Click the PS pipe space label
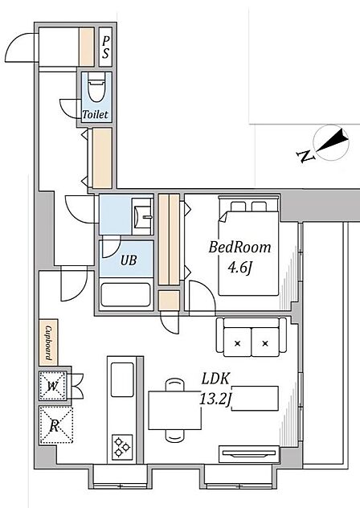[x=105, y=47]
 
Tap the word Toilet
[x=96, y=114]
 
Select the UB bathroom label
[x=129, y=260]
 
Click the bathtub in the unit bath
[x=125, y=294]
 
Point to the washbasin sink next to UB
[x=142, y=216]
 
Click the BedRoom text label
[x=239, y=248]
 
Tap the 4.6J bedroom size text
[x=239, y=268]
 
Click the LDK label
[x=216, y=379]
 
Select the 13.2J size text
[x=215, y=399]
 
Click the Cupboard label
[x=48, y=342]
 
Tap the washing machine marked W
[x=52, y=385]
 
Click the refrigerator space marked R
[x=55, y=424]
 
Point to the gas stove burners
[x=122, y=447]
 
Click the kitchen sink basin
[x=122, y=379]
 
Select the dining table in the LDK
[x=175, y=410]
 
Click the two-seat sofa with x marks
[x=252, y=338]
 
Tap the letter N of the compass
[x=305, y=156]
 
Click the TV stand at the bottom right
[x=249, y=454]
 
